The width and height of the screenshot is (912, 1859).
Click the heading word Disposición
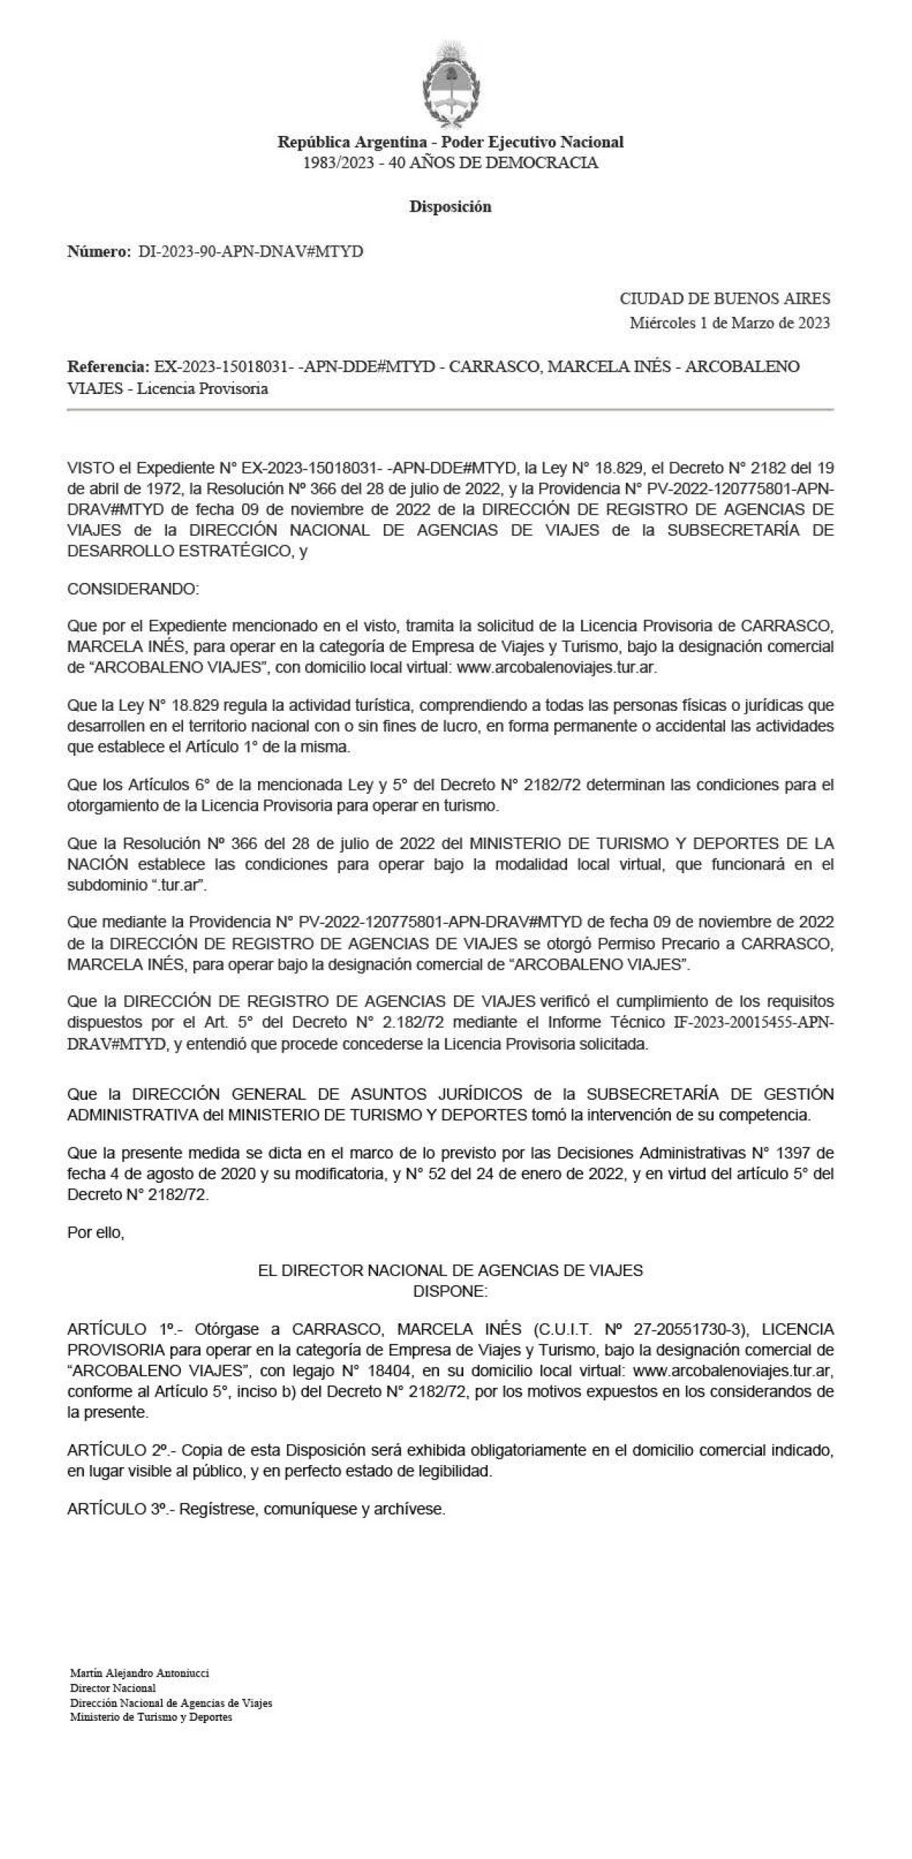point(450,207)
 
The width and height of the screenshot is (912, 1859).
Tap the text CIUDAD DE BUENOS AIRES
point(724,298)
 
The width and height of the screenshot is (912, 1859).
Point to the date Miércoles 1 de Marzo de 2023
point(730,323)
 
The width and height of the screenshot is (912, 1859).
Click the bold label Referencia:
point(107,366)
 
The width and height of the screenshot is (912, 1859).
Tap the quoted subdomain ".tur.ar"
point(178,886)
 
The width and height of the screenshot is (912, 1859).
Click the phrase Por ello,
point(96,1232)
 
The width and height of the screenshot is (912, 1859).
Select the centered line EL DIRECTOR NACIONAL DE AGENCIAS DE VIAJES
point(450,1270)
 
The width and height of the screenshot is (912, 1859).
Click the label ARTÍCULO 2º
point(118,1450)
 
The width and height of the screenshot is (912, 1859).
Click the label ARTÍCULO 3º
point(118,1509)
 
